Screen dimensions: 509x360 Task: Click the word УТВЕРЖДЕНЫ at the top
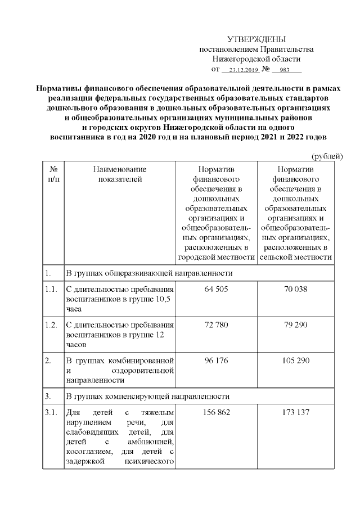[x=256, y=39]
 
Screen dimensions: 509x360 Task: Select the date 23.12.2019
[x=240, y=70]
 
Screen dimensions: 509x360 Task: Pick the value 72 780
[x=216, y=325]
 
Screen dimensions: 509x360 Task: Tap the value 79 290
[x=296, y=325]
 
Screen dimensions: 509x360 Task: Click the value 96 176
[x=216, y=361]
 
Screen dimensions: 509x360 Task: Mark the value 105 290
[x=296, y=361]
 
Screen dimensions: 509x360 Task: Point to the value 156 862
[x=216, y=413]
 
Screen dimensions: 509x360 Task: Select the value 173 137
[x=296, y=413]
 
